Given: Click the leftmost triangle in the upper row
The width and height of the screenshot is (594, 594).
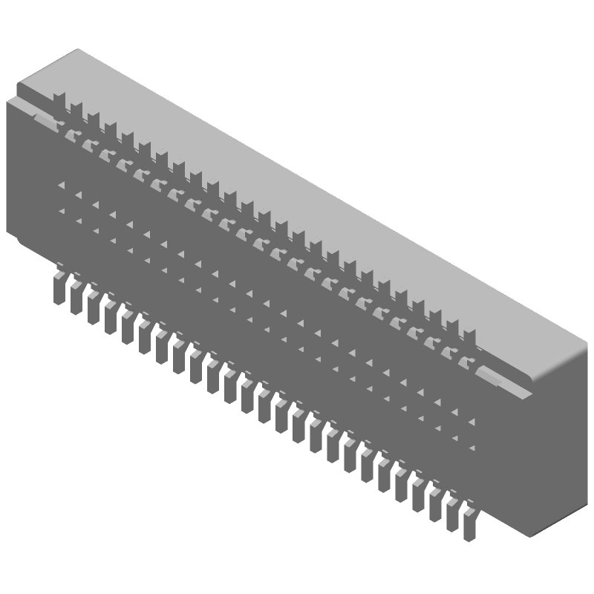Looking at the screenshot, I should (62, 185).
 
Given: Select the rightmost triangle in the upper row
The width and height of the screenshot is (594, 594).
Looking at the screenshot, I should (471, 420).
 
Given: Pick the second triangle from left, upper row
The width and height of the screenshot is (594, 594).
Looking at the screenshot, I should (78, 195).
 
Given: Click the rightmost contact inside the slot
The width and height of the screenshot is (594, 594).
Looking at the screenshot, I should (466, 363).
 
